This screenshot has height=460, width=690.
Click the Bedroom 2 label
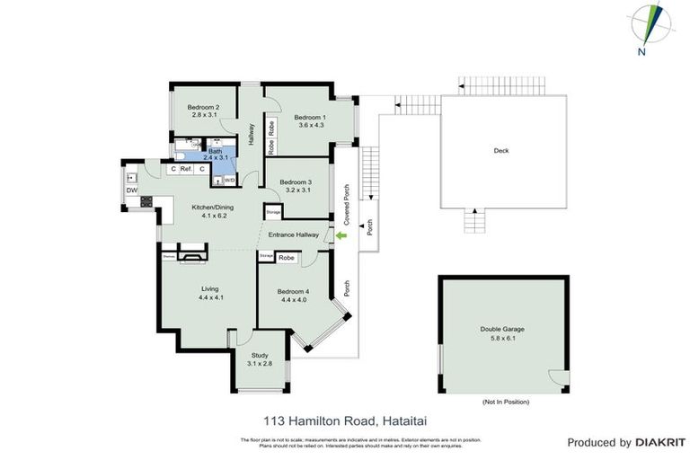point(205,107)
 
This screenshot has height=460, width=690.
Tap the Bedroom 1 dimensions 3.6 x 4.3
point(311,125)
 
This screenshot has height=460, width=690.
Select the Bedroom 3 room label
point(297,181)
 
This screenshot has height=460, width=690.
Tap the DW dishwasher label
point(131,190)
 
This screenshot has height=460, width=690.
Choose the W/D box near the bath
point(228,180)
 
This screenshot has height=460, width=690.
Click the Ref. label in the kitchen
point(187,169)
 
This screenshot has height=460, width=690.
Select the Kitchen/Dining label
point(211,207)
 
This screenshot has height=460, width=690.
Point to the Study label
point(260,354)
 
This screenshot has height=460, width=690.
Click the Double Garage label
point(501,329)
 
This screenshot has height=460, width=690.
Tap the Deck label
point(501,150)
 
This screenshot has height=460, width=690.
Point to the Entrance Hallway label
point(296,234)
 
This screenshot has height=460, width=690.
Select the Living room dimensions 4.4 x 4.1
point(209,297)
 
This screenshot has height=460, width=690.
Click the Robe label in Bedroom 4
point(286,258)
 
